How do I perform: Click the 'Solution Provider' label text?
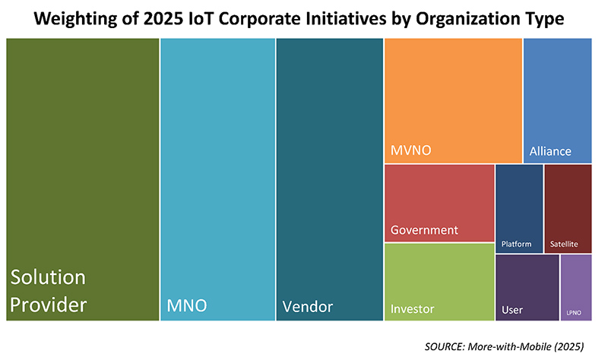click(x=47, y=292)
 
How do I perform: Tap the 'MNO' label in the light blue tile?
click(x=187, y=306)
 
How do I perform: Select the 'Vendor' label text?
click(x=307, y=306)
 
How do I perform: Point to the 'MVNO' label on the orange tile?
click(x=410, y=150)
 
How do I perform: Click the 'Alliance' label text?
click(x=549, y=150)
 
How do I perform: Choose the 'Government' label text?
click(x=424, y=229)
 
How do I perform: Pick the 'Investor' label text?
click(x=412, y=309)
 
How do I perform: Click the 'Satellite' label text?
click(x=564, y=245)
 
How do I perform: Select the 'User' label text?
click(x=512, y=310)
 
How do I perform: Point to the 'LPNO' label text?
click(x=575, y=312)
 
